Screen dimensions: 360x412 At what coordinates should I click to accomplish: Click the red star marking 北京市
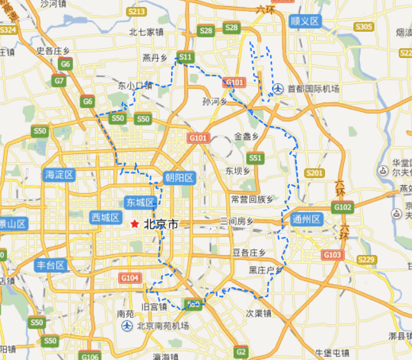pyautogui.click(x=134, y=224)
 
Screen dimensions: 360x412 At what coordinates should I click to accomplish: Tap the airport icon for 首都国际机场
pyautogui.click(x=278, y=88)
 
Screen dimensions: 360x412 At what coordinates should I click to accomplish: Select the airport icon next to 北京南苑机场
pyautogui.click(x=127, y=326)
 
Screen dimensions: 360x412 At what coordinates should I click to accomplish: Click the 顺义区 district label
pyautogui.click(x=304, y=21)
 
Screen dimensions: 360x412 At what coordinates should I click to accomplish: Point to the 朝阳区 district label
pyautogui.click(x=179, y=177)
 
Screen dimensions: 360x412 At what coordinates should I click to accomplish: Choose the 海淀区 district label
pyautogui.click(x=59, y=174)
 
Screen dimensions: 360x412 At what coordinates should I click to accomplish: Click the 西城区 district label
pyautogui.click(x=105, y=218)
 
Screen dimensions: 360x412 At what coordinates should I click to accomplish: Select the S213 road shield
pyautogui.click(x=137, y=11)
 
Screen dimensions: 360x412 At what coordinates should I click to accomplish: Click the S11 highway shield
pyautogui.click(x=185, y=57)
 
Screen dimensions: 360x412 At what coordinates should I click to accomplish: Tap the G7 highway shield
pyautogui.click(x=59, y=81)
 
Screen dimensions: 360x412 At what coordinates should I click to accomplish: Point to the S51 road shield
pyautogui.click(x=255, y=157)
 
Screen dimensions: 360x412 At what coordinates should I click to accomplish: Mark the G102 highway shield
pyautogui.click(x=342, y=207)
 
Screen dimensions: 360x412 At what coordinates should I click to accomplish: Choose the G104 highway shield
pyautogui.click(x=130, y=278)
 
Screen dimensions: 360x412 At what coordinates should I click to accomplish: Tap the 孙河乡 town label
pyautogui.click(x=215, y=101)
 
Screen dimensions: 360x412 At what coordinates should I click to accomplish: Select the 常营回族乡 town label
pyautogui.click(x=252, y=199)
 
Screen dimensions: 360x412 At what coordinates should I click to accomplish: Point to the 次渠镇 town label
pyautogui.click(x=259, y=313)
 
